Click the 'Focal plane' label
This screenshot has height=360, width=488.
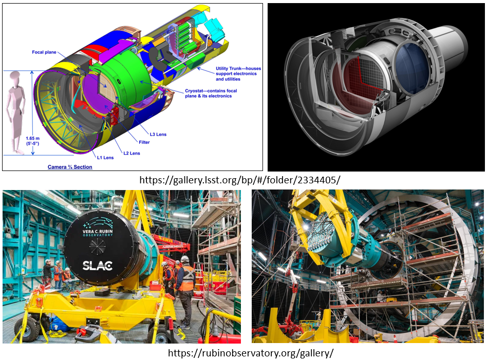click(44, 52)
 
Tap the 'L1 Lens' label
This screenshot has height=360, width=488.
click(105, 158)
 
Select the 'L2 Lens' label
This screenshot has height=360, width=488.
click(132, 153)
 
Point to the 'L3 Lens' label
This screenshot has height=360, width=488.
click(158, 135)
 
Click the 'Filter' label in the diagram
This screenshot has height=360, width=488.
click(144, 142)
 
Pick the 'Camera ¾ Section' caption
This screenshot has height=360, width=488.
click(70, 167)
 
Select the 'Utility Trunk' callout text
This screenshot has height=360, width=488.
click(238, 74)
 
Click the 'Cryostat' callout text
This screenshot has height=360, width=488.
click(211, 93)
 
